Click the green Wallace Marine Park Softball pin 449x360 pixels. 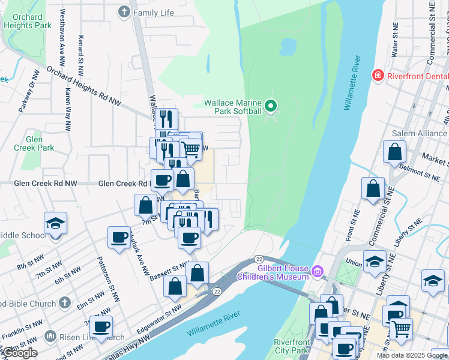pos(271,106)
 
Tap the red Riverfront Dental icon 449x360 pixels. pos(378,76)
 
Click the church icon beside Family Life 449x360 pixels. pos(124,11)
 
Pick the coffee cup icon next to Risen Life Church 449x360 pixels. pos(101,326)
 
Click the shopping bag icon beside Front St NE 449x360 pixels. pos(373,188)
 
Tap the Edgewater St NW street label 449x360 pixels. pos(158,317)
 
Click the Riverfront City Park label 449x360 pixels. pos(291,346)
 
